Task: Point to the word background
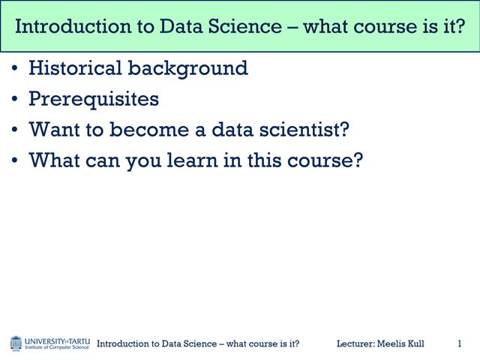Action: click(187, 69)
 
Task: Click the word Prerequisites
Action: click(94, 99)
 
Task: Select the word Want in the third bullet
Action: click(52, 129)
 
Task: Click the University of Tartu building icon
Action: click(16, 343)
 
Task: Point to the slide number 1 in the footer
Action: click(459, 343)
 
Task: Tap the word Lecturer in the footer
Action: click(355, 343)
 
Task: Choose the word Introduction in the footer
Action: click(123, 343)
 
